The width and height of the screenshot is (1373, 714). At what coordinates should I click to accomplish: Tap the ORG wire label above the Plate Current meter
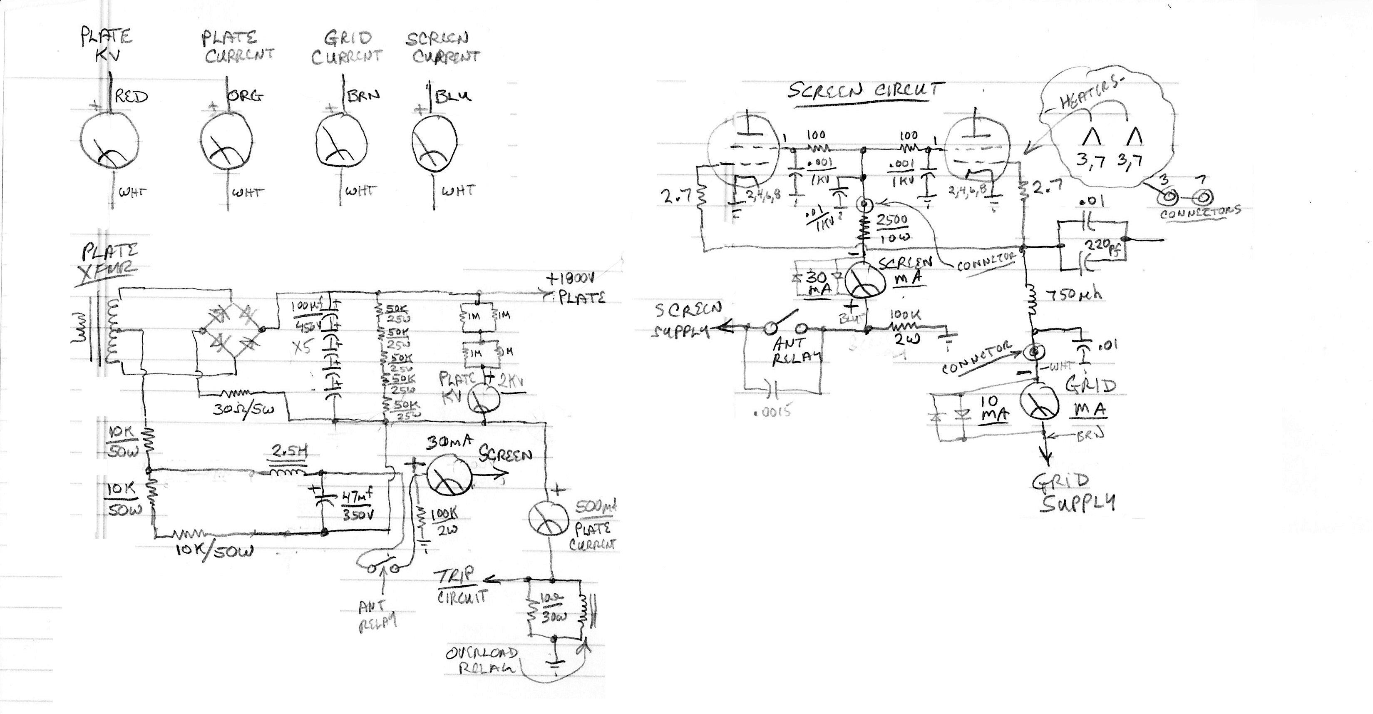point(246,96)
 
